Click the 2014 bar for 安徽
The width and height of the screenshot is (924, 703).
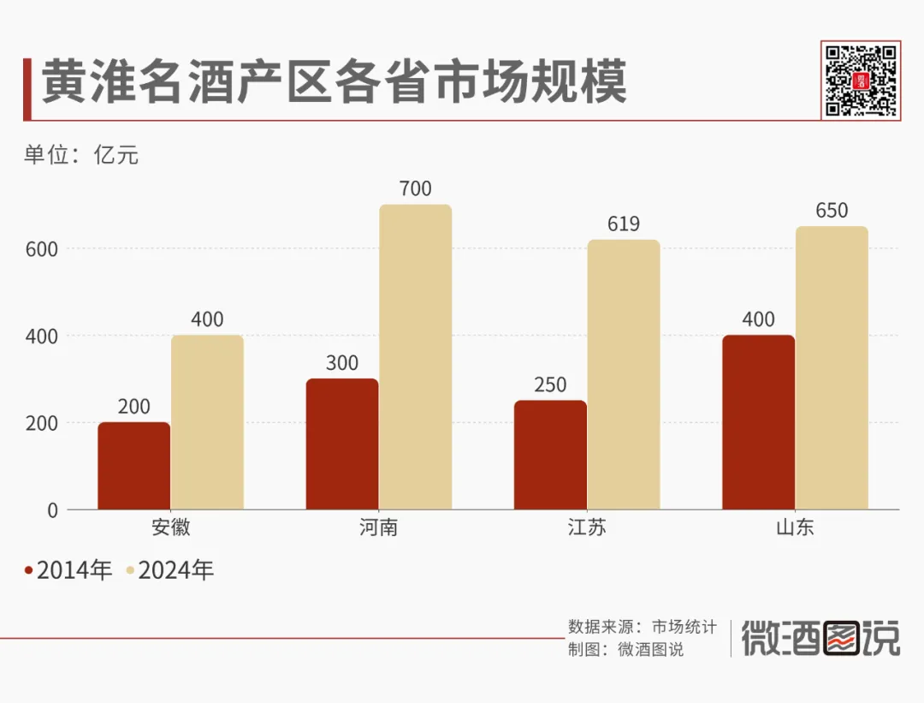click(x=134, y=466)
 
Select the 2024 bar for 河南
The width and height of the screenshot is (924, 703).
click(x=416, y=357)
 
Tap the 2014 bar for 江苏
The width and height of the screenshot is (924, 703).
click(x=550, y=455)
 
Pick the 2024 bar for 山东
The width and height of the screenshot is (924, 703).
click(x=832, y=368)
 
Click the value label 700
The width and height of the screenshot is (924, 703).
click(x=416, y=189)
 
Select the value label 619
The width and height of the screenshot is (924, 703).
click(x=624, y=224)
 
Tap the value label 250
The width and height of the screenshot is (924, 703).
click(x=550, y=385)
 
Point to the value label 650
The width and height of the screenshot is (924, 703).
click(x=832, y=211)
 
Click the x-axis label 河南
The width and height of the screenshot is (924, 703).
click(x=378, y=527)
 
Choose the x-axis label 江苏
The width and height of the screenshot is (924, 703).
click(x=587, y=527)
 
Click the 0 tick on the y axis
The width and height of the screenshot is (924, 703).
click(x=52, y=510)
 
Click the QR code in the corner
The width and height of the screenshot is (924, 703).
click(x=861, y=80)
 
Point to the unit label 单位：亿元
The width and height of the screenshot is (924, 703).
click(x=80, y=155)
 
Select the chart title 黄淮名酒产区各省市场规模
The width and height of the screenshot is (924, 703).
click(x=334, y=83)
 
